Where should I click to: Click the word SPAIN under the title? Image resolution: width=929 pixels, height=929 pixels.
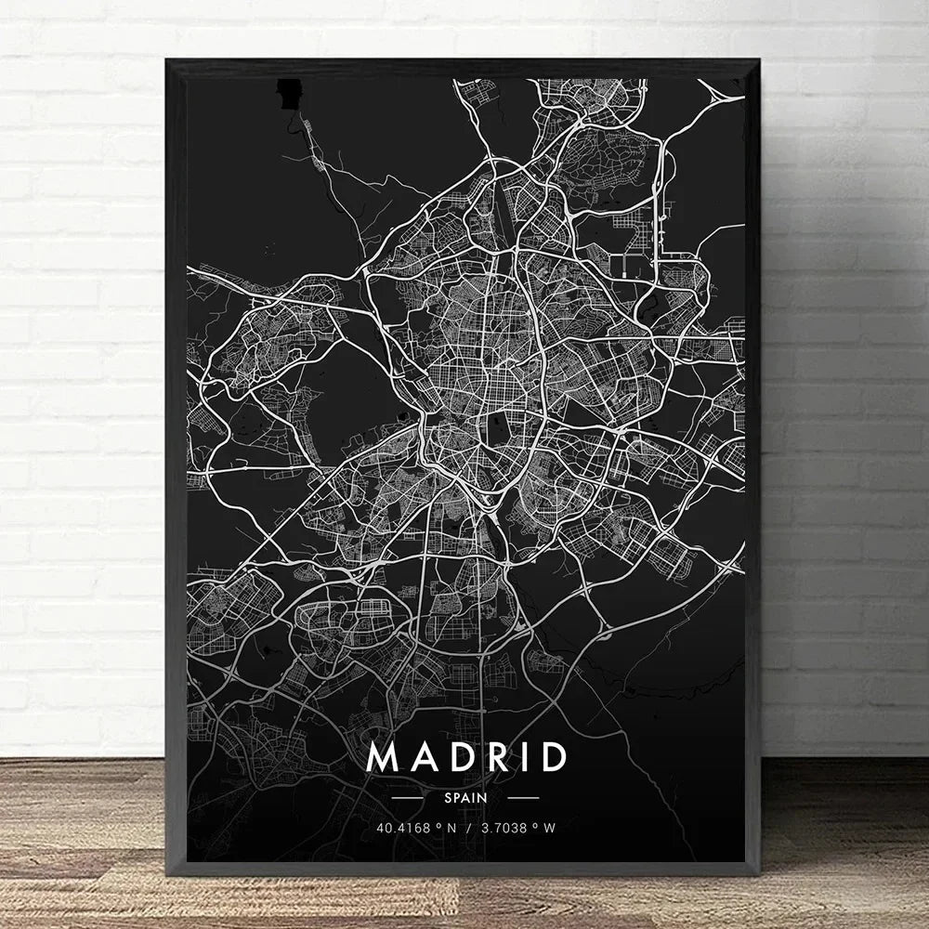pyautogui.click(x=465, y=797)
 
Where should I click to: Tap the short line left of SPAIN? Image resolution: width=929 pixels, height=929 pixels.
pyautogui.click(x=408, y=797)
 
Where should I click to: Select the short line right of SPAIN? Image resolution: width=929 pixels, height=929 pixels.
pyautogui.click(x=523, y=797)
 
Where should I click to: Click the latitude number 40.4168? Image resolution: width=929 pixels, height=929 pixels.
pyautogui.click(x=400, y=828)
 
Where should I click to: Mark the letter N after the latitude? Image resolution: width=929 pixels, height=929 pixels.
pyautogui.click(x=449, y=828)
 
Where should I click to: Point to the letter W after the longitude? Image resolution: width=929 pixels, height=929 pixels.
pyautogui.click(x=551, y=828)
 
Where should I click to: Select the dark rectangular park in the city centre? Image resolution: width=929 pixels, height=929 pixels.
pyautogui.click(x=498, y=428)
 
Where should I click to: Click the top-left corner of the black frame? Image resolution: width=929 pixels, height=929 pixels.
pyautogui.click(x=168, y=61)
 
